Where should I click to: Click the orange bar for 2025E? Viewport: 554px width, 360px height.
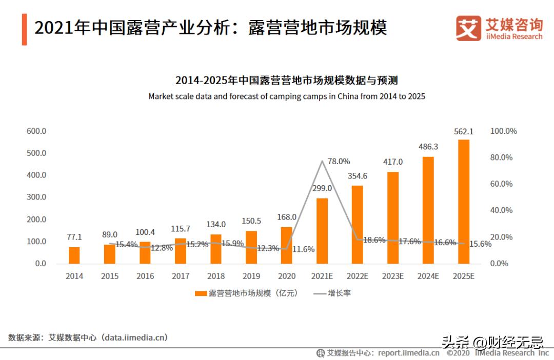click(464, 202)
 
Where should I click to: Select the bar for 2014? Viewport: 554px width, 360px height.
click(74, 255)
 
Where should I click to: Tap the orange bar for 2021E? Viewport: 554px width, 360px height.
click(322, 231)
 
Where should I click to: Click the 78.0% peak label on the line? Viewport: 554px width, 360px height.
click(339, 161)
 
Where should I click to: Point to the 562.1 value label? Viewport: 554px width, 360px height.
click(464, 132)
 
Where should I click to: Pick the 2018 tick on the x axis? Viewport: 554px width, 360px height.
click(216, 276)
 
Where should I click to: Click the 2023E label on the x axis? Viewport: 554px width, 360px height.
click(393, 276)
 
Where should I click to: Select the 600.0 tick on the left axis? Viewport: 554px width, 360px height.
click(36, 131)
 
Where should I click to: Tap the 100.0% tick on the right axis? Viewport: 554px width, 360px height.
click(503, 131)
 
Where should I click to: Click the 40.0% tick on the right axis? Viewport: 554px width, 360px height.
click(501, 210)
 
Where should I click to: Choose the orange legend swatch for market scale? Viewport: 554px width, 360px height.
click(201, 293)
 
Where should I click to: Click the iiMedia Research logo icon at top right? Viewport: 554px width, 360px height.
click(468, 28)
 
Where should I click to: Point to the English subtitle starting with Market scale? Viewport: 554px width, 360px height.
click(287, 96)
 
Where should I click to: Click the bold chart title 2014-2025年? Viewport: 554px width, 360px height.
click(287, 81)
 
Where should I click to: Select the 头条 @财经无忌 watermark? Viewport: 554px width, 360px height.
click(492, 341)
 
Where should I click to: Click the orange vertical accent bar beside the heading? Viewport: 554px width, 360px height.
click(24, 30)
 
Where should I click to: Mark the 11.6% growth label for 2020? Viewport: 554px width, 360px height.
click(303, 249)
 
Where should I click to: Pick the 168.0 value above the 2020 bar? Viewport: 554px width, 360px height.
click(286, 217)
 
